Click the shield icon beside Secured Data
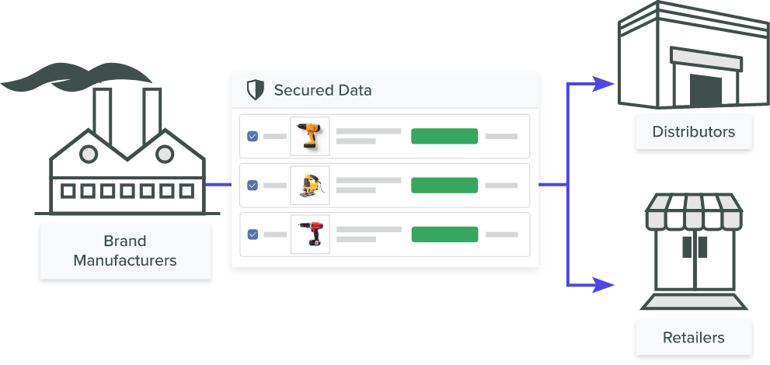tap(255, 90)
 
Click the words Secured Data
tap(322, 90)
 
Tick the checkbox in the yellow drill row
tap(253, 136)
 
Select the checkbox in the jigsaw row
tap(253, 185)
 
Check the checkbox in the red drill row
tap(253, 234)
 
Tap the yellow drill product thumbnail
tap(309, 136)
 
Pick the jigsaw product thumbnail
tap(309, 185)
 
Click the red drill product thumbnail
tap(309, 234)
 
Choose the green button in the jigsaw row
tap(444, 185)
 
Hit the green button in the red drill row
tap(444, 234)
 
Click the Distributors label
tap(693, 131)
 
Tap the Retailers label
tap(693, 337)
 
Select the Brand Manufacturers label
tap(125, 250)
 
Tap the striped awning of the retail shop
tap(693, 217)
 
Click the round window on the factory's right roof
tap(165, 155)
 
